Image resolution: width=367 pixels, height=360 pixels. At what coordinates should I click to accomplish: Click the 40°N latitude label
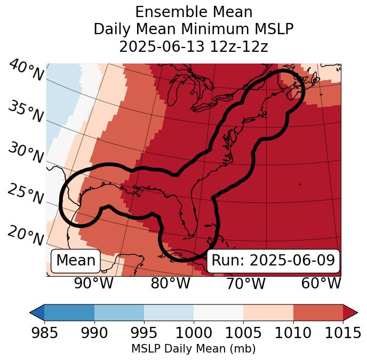[26, 71]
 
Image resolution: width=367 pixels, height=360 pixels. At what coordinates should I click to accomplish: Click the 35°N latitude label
[25, 111]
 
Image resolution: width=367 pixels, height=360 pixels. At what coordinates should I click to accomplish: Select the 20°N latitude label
[25, 235]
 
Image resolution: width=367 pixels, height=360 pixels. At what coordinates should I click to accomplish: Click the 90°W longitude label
[93, 283]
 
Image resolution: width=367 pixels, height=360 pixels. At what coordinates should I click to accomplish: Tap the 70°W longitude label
[245, 283]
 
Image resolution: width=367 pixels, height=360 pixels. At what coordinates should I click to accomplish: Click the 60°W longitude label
[321, 283]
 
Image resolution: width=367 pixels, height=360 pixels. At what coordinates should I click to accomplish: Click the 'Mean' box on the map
[76, 261]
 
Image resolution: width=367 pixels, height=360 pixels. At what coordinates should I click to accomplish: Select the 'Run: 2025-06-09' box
[273, 261]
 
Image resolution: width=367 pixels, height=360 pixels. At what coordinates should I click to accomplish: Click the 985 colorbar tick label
[44, 333]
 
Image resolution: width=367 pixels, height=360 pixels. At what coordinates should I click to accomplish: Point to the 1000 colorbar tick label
[194, 333]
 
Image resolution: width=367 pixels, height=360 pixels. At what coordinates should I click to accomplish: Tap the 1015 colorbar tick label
[342, 333]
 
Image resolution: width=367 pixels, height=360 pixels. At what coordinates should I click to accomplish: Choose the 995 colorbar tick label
[144, 333]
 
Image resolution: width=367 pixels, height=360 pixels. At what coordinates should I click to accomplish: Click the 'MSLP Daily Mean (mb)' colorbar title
[193, 349]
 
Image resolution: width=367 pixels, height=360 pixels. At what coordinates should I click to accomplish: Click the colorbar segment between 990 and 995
[119, 312]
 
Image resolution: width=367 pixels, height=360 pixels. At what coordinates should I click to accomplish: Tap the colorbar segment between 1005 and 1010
[268, 312]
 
